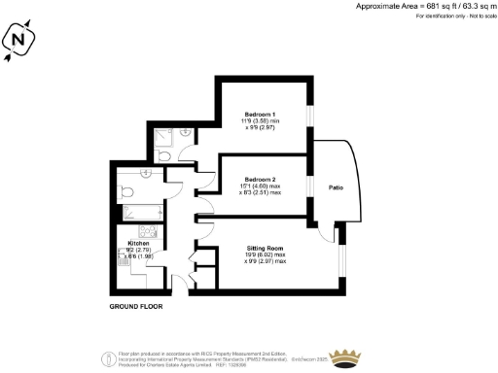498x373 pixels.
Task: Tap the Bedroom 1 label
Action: (x=260, y=115)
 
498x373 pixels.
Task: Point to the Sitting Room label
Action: (x=266, y=249)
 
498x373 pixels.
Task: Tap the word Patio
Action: (x=337, y=186)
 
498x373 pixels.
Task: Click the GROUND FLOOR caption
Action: (x=136, y=306)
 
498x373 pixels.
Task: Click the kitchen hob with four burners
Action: (x=152, y=232)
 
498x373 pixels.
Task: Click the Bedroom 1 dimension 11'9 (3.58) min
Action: (x=261, y=121)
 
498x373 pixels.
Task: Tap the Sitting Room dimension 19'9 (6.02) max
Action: (x=266, y=255)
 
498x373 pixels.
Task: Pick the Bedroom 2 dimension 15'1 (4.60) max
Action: (x=260, y=187)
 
